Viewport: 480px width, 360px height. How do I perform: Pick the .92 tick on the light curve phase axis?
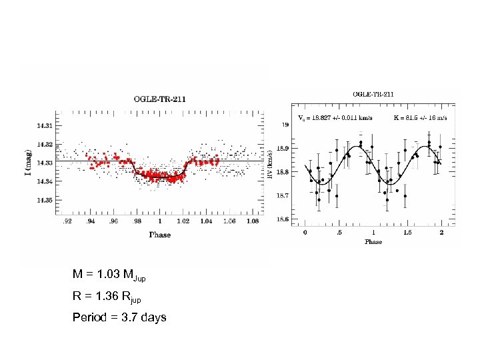(67, 221)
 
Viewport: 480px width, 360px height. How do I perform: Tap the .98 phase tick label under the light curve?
(137, 221)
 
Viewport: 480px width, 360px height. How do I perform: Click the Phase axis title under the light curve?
(159, 235)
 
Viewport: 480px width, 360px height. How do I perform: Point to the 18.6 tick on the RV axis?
(283, 219)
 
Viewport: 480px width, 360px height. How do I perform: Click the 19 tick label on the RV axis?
(285, 125)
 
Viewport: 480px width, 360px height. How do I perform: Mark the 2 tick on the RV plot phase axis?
(441, 233)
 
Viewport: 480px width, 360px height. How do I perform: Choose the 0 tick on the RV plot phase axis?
(305, 233)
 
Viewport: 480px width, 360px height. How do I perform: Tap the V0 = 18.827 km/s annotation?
(336, 118)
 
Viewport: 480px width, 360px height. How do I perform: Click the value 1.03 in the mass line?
(109, 275)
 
